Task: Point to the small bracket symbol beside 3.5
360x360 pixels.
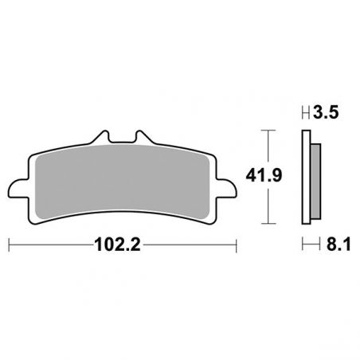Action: pyautogui.click(x=304, y=113)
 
